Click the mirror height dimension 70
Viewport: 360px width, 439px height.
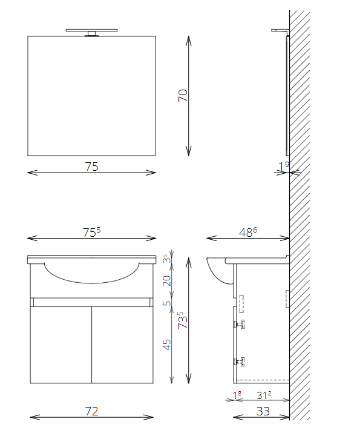pos(183,96)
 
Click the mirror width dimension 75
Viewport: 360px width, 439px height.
pos(92,167)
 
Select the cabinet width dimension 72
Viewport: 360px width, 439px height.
pos(92,411)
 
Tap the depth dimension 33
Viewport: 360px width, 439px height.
pos(263,411)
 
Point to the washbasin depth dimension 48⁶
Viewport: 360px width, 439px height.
pos(248,232)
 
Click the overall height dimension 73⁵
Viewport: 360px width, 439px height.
pos(183,320)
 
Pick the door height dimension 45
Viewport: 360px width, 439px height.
pos(167,345)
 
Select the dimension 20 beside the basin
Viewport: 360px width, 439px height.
pos(167,280)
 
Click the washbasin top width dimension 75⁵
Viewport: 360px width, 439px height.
pos(92,233)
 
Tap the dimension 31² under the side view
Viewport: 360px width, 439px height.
pos(264,395)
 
